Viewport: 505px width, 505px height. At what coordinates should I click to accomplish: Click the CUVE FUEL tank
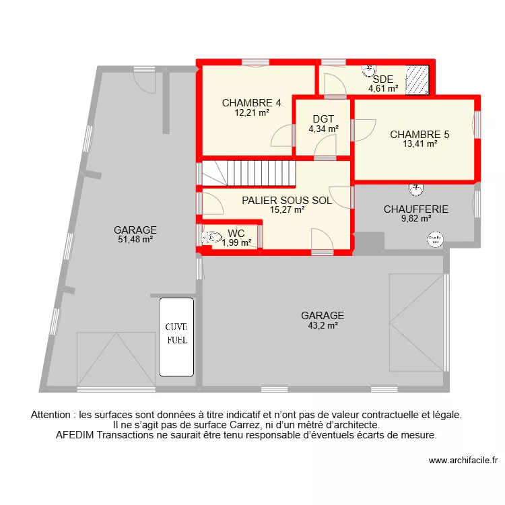177,337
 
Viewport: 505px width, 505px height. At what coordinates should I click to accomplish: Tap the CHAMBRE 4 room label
251,103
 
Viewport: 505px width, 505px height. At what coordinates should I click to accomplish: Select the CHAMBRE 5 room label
419,134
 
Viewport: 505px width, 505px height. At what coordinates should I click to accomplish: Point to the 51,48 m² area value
135,239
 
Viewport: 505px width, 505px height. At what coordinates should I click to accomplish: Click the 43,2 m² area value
323,325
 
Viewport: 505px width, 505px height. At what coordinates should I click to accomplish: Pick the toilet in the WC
213,237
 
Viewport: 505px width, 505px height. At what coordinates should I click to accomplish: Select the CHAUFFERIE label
415,209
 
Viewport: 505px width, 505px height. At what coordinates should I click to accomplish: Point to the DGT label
323,119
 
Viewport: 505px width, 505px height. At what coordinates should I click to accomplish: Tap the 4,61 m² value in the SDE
382,88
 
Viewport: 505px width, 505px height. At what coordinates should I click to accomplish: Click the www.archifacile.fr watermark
463,461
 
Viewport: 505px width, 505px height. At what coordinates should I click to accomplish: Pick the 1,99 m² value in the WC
236,243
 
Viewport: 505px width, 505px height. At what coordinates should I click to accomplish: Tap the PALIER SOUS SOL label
287,200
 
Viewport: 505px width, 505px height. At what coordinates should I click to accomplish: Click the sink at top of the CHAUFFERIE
416,187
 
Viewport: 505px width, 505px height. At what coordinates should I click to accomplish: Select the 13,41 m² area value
419,143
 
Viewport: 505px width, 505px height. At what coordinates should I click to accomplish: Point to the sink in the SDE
368,69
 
